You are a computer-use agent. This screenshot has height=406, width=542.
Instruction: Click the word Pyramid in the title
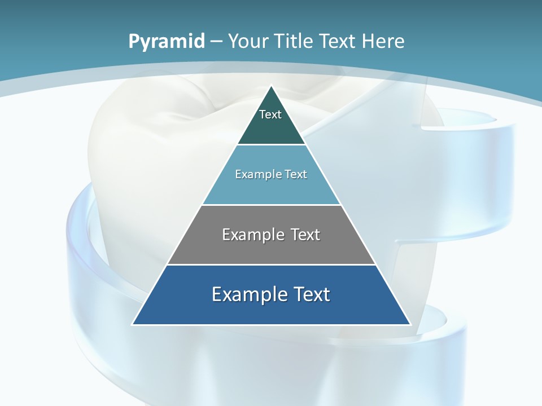(x=167, y=42)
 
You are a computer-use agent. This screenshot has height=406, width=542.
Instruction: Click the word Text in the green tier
(x=270, y=114)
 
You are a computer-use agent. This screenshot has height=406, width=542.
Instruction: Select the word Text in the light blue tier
(x=296, y=174)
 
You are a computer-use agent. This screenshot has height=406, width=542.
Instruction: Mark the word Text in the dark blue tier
(x=312, y=294)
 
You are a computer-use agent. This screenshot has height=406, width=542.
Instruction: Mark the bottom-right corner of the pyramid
(x=410, y=324)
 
